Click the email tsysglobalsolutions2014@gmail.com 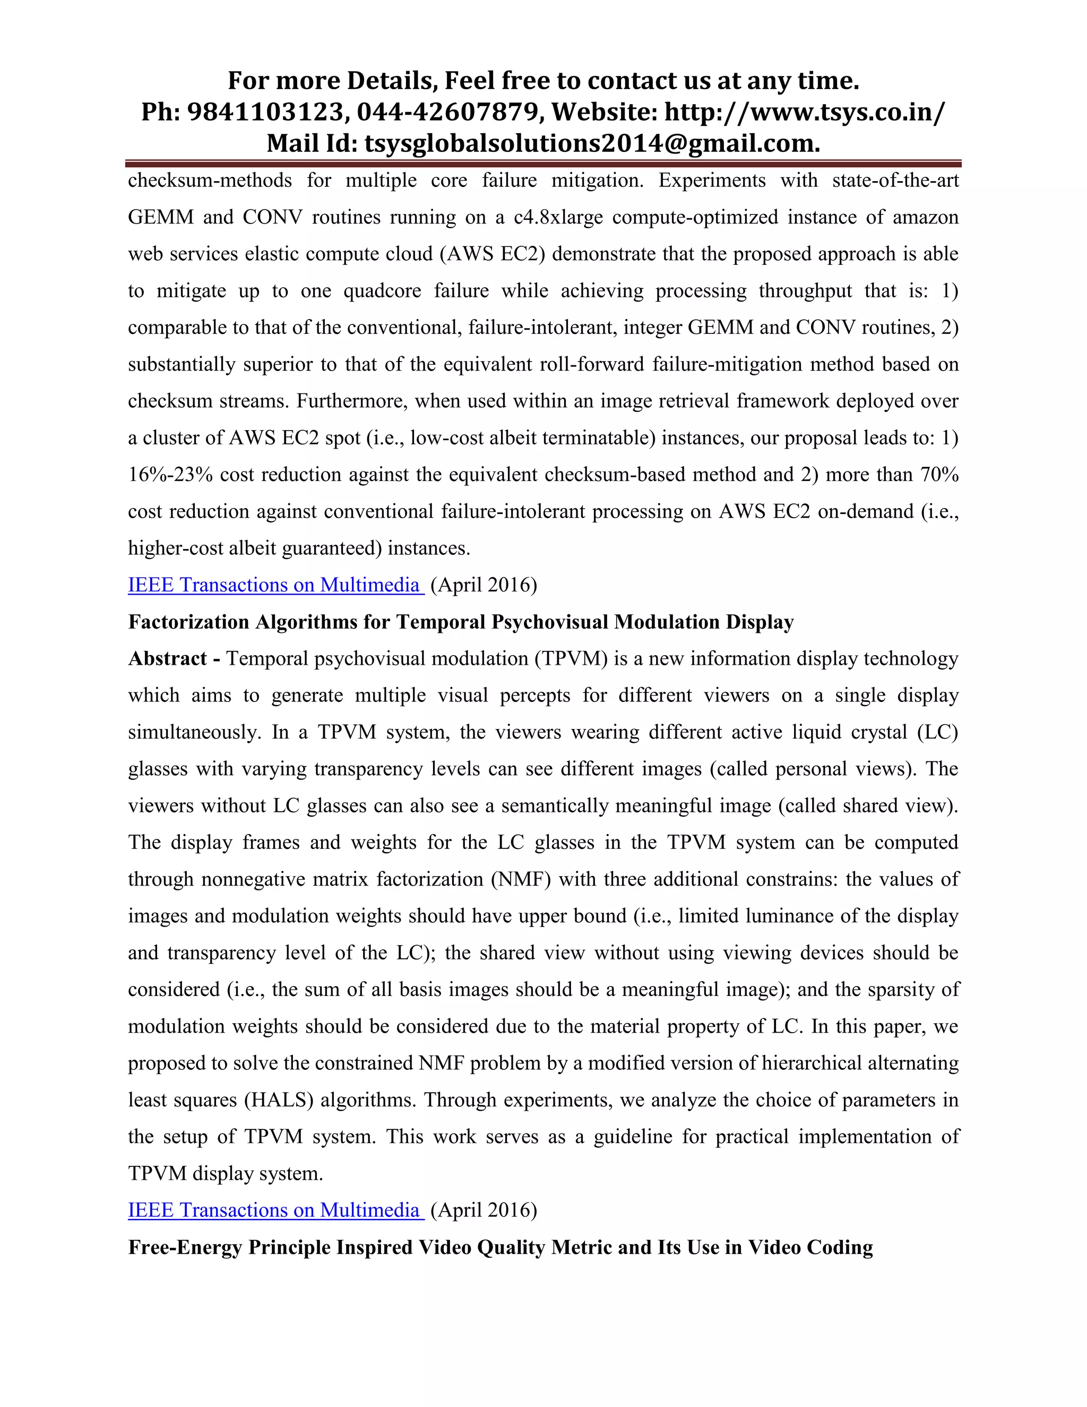point(592,143)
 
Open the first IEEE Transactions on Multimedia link point(275,585)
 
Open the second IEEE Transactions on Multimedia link point(275,1211)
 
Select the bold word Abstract point(167,659)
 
